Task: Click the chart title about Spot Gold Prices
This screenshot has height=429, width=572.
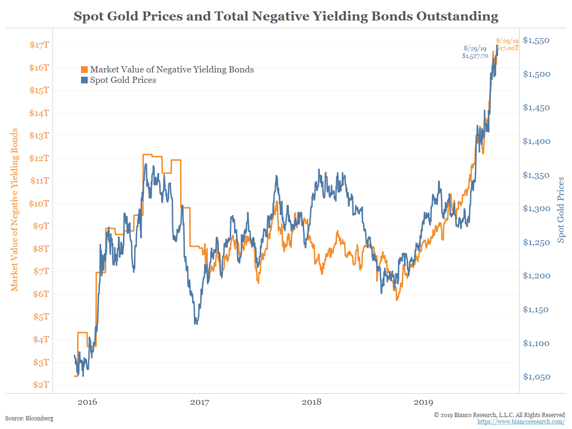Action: (x=286, y=17)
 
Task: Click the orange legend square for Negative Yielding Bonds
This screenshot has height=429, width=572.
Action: (x=84, y=70)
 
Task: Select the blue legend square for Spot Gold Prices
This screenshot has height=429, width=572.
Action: (x=84, y=80)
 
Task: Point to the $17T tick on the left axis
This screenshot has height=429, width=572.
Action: (x=40, y=45)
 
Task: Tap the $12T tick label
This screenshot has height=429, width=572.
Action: (x=40, y=158)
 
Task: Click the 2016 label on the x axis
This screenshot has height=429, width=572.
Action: (x=87, y=402)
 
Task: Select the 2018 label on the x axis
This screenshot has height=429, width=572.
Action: (x=312, y=402)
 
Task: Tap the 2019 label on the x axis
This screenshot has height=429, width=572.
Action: (x=424, y=402)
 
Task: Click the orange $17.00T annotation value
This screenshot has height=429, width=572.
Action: (x=507, y=48)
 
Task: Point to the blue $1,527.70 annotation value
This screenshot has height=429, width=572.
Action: (x=475, y=56)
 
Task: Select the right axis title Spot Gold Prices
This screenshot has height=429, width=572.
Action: (x=561, y=210)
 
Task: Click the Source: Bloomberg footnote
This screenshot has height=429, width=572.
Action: (x=29, y=419)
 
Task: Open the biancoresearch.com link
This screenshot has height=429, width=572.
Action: (x=521, y=422)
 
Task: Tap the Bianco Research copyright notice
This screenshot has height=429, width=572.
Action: (x=499, y=415)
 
